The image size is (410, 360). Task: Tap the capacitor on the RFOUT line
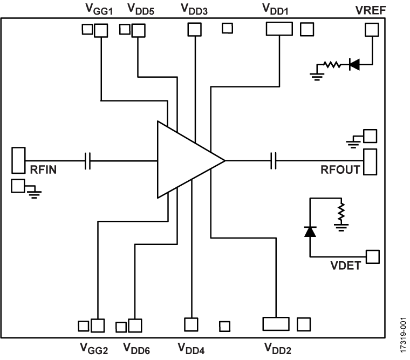[274, 160]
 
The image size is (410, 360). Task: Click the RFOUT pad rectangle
[370, 162]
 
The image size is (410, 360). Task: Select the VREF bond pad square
[372, 30]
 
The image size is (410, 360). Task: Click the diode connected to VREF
[354, 65]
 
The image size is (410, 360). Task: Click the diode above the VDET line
[310, 231]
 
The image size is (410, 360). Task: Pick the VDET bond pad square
[372, 256]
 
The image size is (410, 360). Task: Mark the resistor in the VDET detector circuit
[340, 212]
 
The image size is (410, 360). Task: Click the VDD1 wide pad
[279, 29]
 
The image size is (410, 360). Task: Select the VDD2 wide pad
[276, 323]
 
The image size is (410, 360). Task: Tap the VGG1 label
[99, 9]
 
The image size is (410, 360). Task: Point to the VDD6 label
[137, 349]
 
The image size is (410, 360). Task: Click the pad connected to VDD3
[193, 29]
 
